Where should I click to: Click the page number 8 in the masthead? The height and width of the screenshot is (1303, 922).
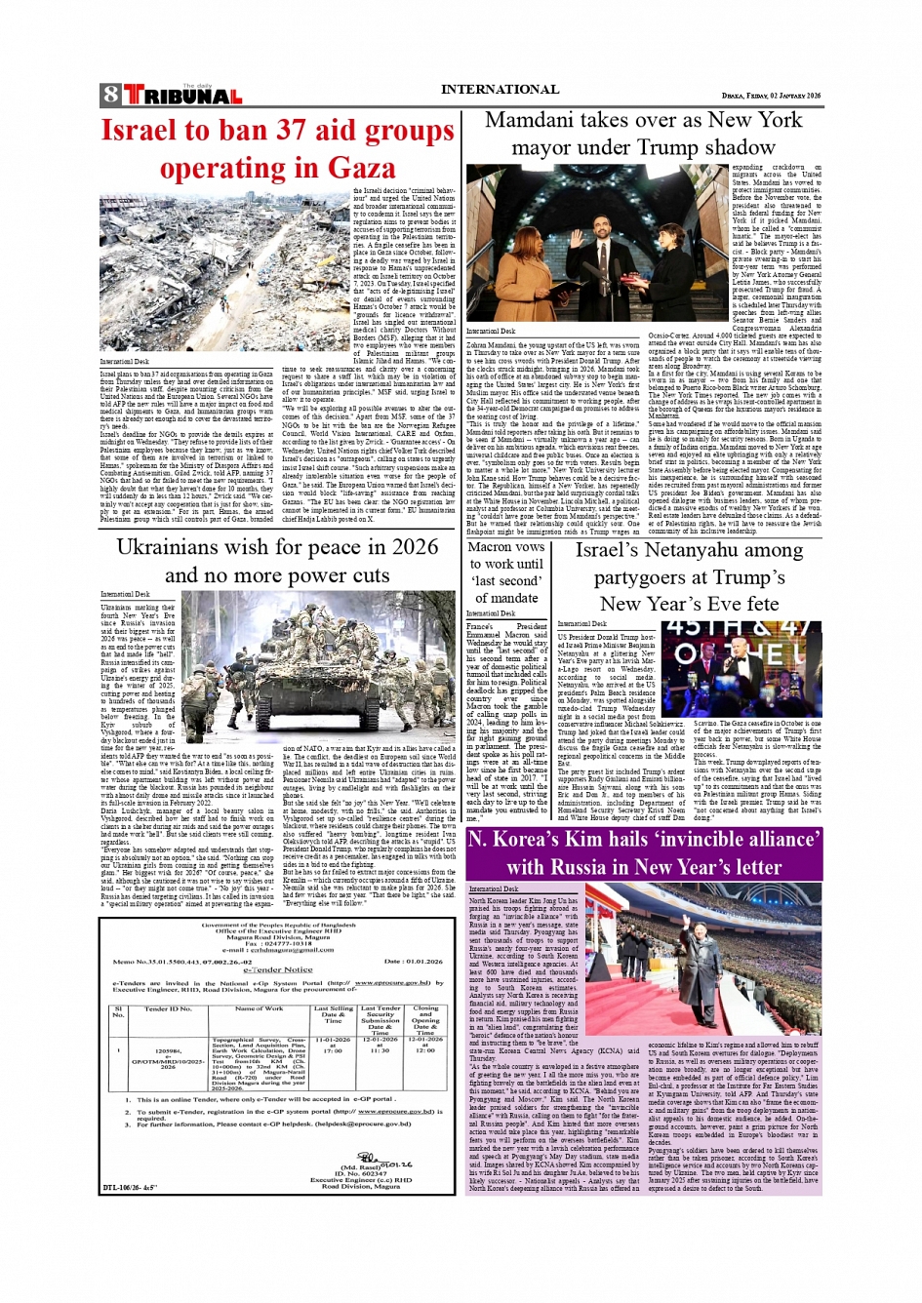[x=110, y=95]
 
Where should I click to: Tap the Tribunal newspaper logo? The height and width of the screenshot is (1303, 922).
[x=182, y=96]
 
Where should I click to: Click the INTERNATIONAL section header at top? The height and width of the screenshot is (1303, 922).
[x=500, y=90]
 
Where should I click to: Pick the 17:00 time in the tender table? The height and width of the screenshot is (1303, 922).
[x=333, y=1050]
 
